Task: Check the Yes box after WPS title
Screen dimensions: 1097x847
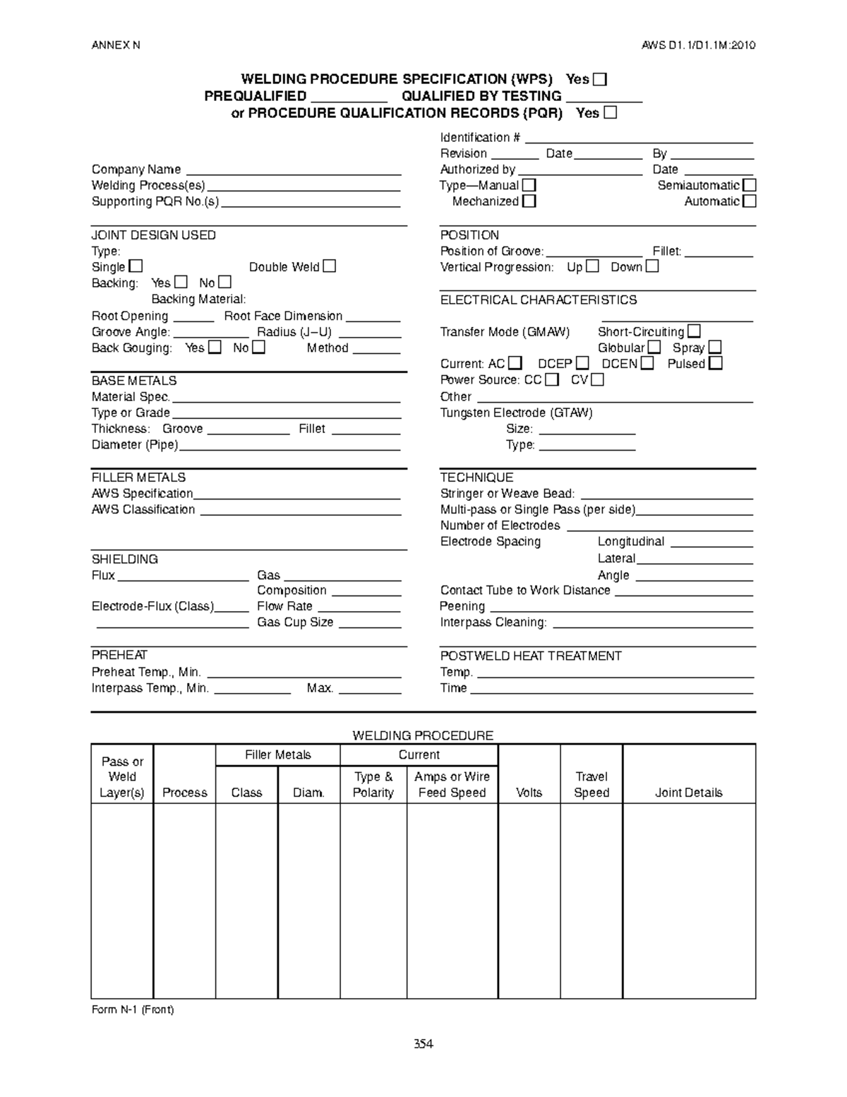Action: click(599, 79)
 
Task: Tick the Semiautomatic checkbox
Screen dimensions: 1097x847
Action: click(749, 185)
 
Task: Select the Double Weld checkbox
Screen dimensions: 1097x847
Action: click(329, 266)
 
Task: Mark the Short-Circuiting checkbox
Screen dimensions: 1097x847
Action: click(694, 331)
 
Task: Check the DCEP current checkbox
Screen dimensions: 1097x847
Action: click(582, 363)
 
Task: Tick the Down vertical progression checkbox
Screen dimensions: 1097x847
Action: click(651, 266)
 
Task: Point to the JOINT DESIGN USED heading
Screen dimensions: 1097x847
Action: click(153, 235)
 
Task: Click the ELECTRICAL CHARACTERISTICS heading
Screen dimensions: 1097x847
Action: click(538, 300)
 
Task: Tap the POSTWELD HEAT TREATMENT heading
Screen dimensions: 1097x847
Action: click(530, 656)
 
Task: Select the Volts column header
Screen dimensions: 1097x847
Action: click(529, 793)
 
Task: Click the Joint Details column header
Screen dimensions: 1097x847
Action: click(688, 793)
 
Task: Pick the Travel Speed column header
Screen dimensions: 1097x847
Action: click(591, 784)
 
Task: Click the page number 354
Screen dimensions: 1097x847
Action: click(423, 1044)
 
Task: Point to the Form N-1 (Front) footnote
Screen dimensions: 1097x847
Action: click(133, 1009)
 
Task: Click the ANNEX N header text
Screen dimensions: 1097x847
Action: click(116, 45)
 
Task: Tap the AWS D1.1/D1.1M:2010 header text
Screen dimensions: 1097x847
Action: click(698, 45)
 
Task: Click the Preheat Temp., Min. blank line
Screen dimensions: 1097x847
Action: click(304, 675)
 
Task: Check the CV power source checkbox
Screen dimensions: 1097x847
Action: click(597, 379)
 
